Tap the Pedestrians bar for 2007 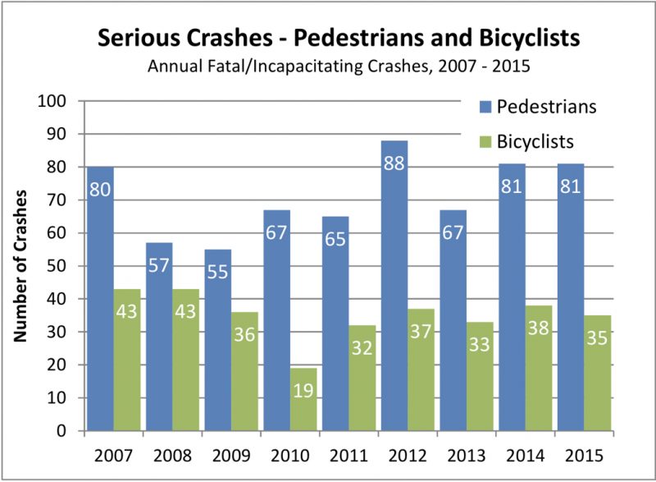99,300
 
